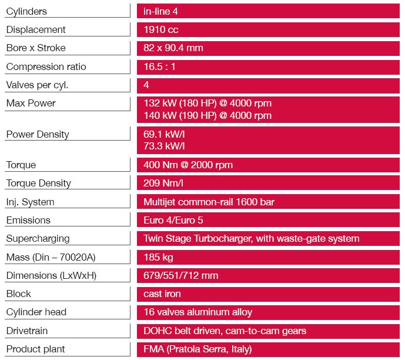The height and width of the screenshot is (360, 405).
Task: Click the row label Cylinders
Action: tap(26, 11)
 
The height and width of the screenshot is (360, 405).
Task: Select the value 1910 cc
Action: tap(161, 29)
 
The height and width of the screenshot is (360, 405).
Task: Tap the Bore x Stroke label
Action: tap(36, 48)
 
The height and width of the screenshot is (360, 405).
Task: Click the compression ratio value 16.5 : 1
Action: tap(160, 66)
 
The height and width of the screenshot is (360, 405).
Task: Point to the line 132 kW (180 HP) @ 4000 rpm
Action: tap(207, 104)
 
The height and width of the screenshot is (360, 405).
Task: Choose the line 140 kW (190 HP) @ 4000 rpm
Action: tap(207, 115)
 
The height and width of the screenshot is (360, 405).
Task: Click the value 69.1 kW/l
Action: tap(165, 134)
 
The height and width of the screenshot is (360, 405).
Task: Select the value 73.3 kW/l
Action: tap(165, 146)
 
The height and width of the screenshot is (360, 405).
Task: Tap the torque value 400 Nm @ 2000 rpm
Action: tap(188, 165)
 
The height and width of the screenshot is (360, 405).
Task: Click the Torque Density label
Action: tap(38, 183)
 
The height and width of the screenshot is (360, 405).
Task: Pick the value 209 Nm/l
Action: tap(163, 183)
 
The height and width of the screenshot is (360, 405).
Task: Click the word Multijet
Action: tap(161, 202)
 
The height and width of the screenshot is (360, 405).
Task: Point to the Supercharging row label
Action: tap(38, 238)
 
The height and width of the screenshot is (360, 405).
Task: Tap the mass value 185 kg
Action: tap(158, 257)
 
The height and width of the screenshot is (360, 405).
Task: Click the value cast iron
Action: tap(162, 294)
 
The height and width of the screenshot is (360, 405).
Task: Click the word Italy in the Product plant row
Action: tap(240, 349)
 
